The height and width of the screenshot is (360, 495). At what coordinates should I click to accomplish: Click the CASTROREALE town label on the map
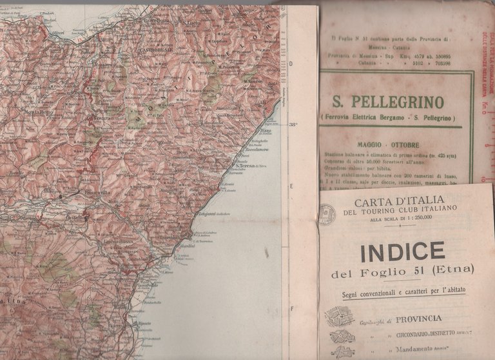(155, 50)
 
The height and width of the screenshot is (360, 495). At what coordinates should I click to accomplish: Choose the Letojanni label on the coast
(213, 215)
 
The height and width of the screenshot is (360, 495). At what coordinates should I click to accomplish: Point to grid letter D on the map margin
(291, 64)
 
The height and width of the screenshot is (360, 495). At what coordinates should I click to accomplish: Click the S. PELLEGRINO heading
(387, 102)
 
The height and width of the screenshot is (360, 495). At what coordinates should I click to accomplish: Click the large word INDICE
(402, 252)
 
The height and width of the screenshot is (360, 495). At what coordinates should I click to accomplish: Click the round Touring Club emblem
(327, 214)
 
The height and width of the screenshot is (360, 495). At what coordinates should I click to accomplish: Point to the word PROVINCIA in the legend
(419, 318)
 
